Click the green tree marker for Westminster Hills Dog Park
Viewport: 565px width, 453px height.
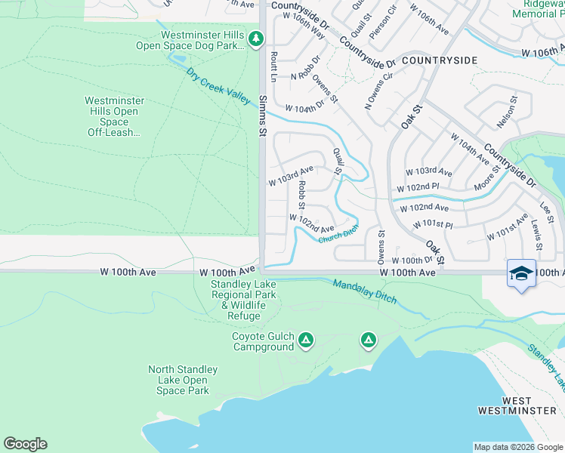point(256,39)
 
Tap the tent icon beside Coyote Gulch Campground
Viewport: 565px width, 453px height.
point(305,341)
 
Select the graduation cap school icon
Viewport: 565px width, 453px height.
point(521,273)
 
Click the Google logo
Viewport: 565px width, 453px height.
point(25,444)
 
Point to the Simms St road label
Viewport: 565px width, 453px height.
point(264,116)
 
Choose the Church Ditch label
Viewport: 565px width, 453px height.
point(338,236)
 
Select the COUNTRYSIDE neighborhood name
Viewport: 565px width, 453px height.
point(440,60)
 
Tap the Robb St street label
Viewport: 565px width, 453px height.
point(301,194)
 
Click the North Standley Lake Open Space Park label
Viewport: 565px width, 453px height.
point(182,380)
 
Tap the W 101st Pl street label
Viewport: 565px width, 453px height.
point(433,225)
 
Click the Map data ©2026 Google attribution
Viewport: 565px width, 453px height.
point(518,447)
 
